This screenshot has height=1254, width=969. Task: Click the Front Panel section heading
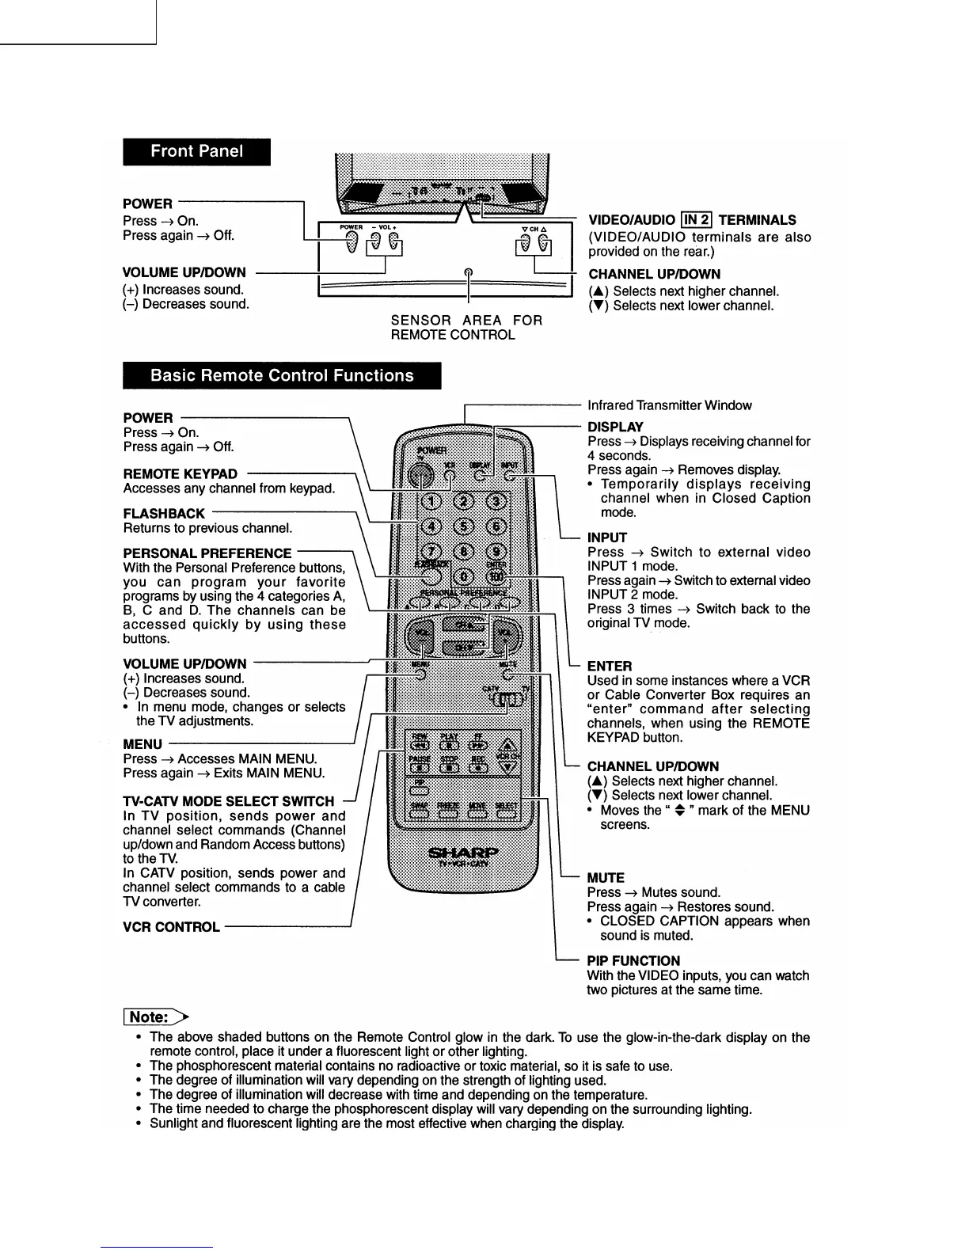click(196, 152)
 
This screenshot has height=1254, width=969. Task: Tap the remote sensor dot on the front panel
click(469, 273)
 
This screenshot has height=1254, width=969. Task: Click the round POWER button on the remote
click(420, 475)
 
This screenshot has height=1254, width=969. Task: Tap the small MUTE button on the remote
click(508, 675)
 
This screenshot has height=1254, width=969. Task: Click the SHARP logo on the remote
click(464, 853)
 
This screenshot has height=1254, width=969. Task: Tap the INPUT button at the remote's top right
click(510, 476)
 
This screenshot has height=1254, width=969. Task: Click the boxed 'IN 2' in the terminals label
click(697, 220)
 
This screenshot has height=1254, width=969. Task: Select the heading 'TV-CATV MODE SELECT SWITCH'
click(229, 801)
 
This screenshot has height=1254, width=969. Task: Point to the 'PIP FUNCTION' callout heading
click(633, 961)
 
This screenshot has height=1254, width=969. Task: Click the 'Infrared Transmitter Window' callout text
click(669, 405)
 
